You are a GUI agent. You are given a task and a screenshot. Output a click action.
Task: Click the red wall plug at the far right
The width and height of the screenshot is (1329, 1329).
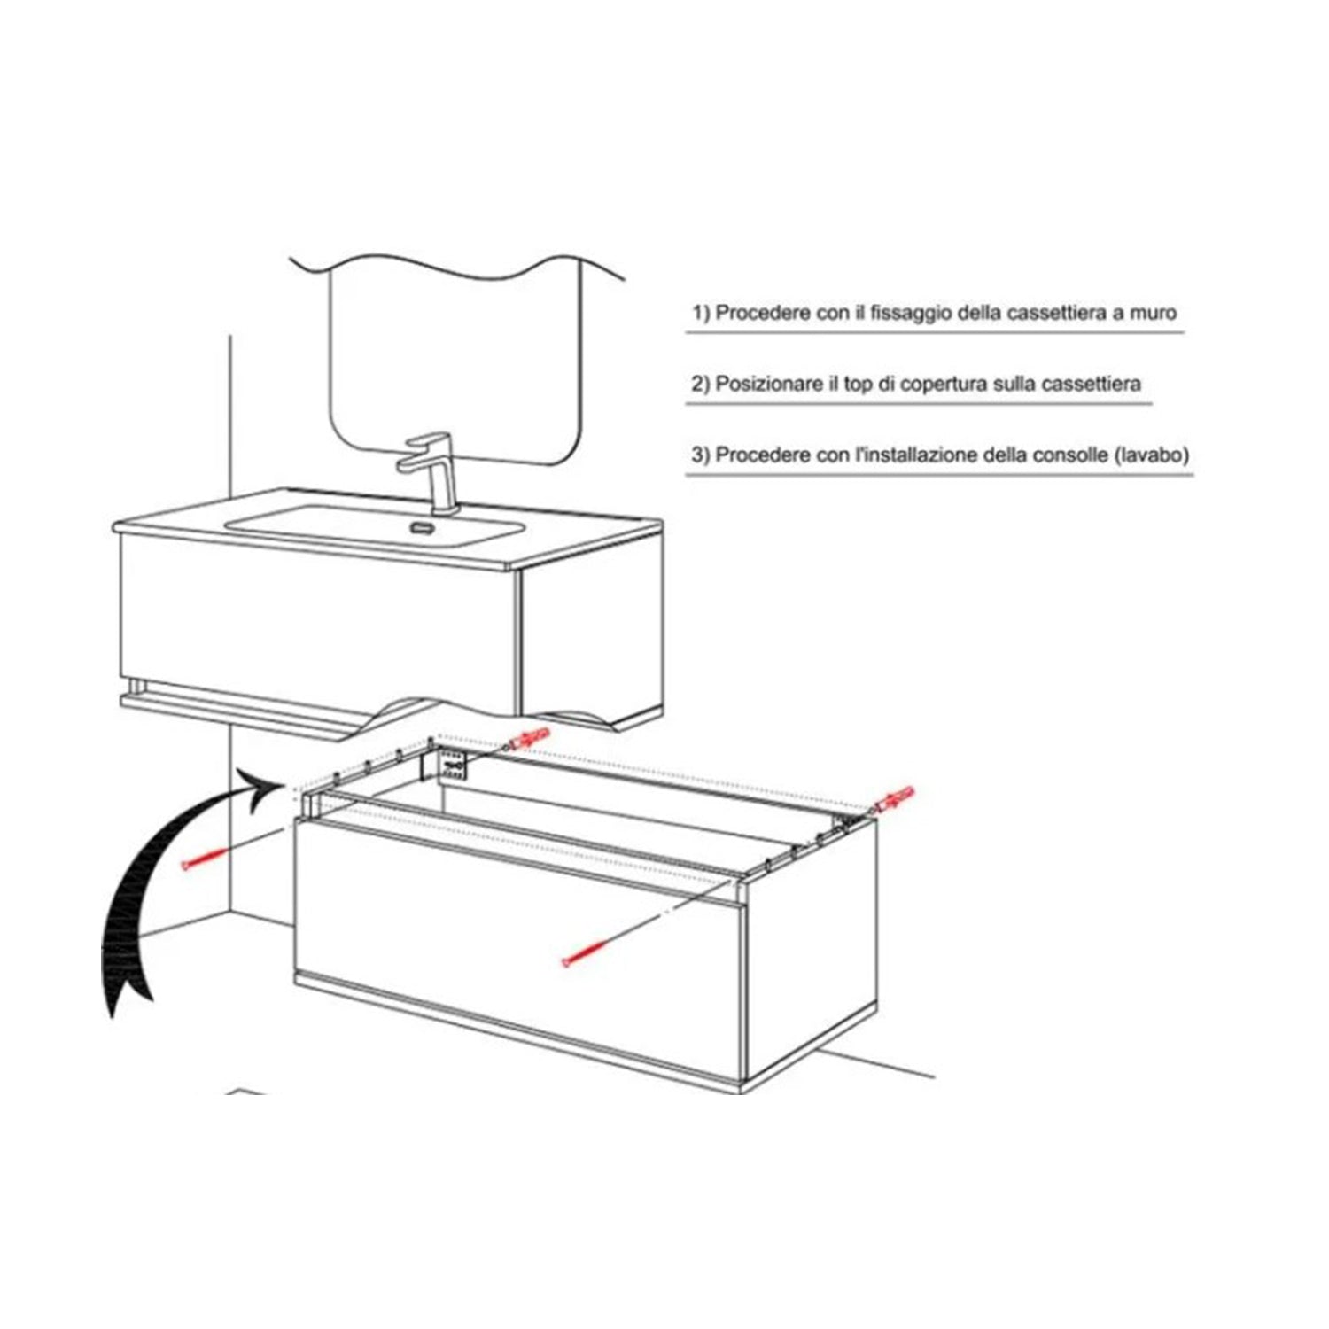(x=895, y=798)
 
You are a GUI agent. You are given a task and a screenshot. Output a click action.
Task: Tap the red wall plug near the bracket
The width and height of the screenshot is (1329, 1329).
(x=530, y=739)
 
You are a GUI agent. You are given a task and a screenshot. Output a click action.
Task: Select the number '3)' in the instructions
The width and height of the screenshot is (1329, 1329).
(x=702, y=455)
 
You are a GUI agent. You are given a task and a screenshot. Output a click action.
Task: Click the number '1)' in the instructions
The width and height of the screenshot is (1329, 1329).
(x=702, y=314)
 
